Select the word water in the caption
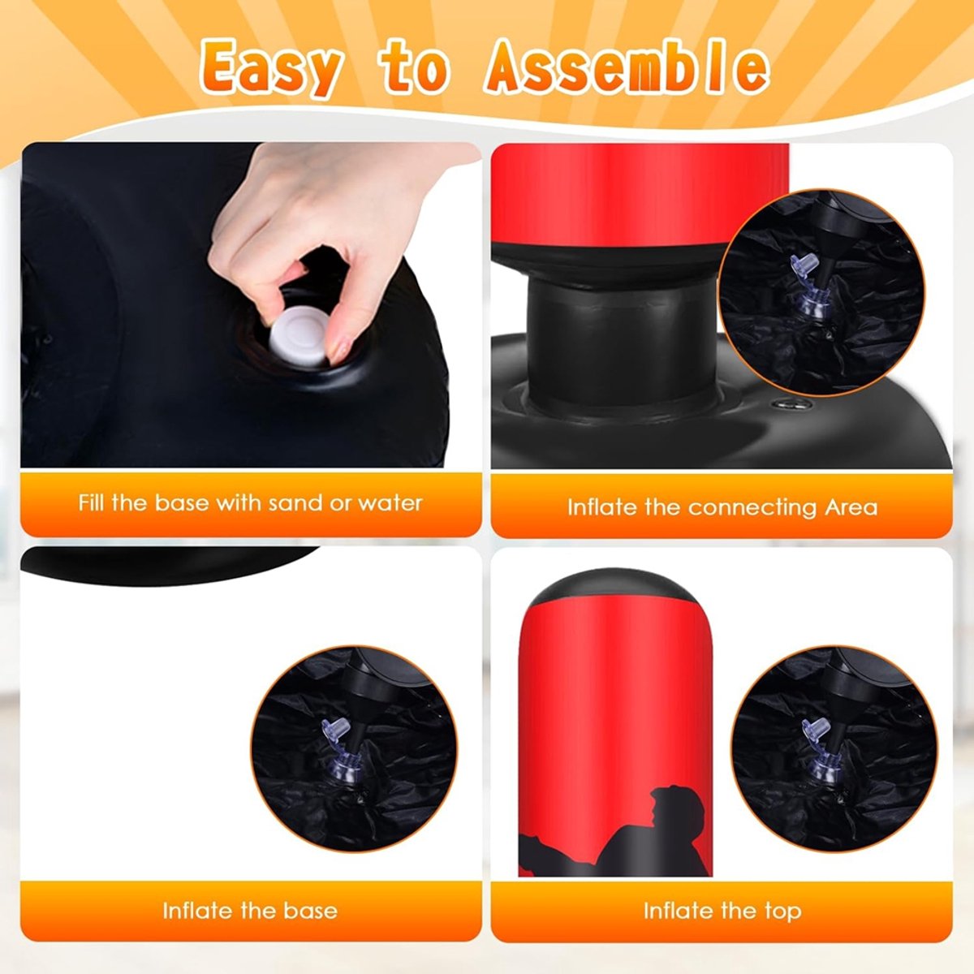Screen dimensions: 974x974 point(390,503)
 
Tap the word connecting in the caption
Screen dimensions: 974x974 point(752,508)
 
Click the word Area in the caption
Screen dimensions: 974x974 point(851,507)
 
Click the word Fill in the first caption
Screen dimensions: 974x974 point(91,502)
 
